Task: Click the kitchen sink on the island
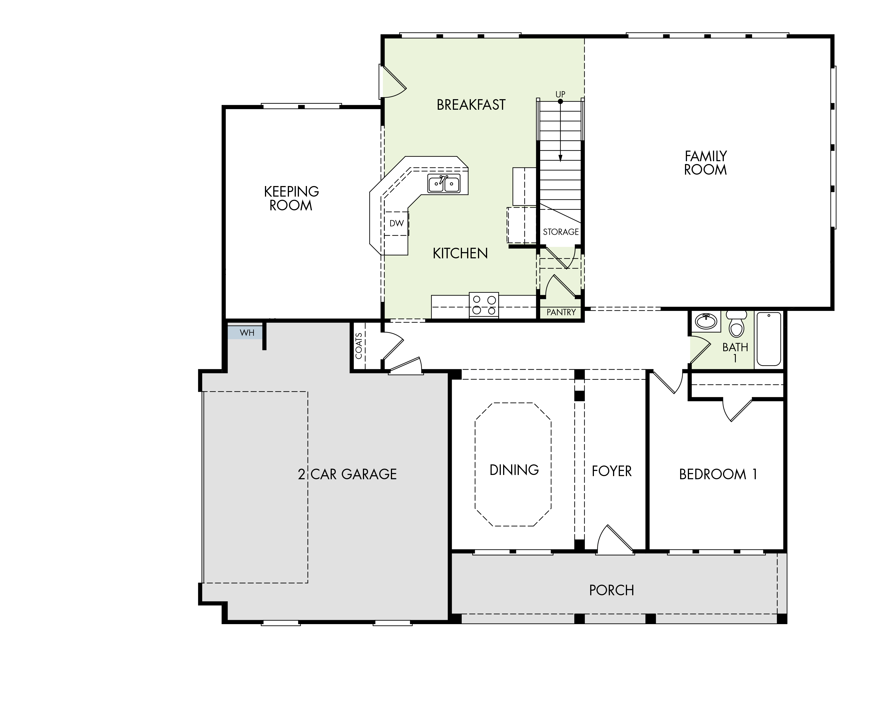[444, 183]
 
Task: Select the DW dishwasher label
[397, 223]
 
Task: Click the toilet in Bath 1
[737, 324]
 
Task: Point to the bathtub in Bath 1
[769, 339]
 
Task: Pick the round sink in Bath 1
[706, 321]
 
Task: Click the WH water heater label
[247, 333]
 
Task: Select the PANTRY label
[561, 312]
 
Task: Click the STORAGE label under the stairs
[561, 232]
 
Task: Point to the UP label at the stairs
[560, 95]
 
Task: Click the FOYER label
[612, 471]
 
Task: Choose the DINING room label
[514, 470]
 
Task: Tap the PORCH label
[612, 590]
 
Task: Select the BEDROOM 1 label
[718, 474]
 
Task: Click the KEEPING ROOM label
[291, 198]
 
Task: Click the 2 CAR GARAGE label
[347, 474]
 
